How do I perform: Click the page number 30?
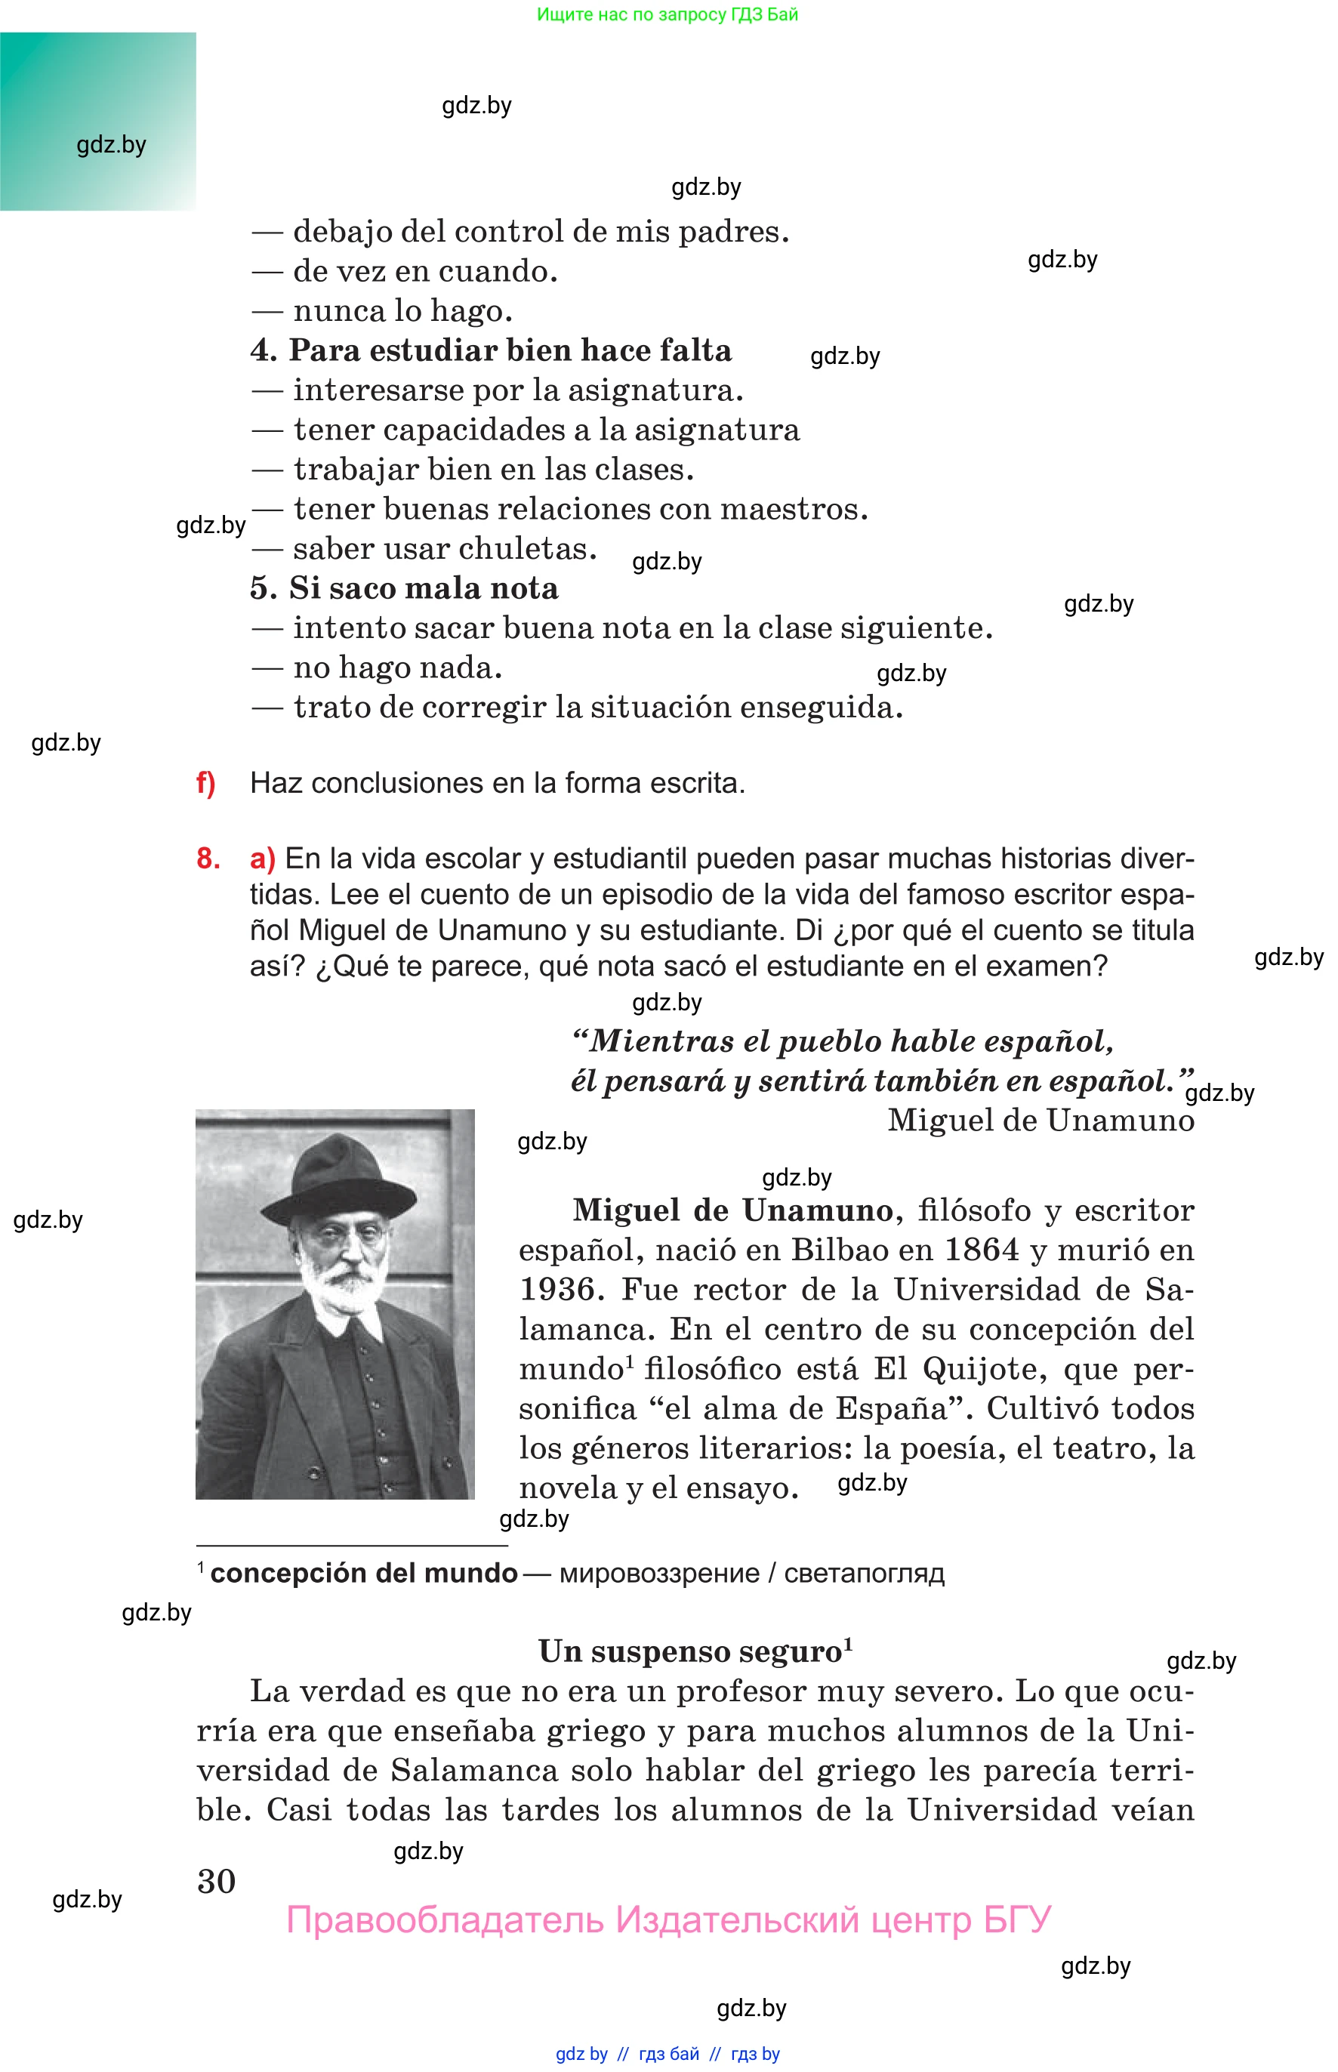pyautogui.click(x=217, y=1881)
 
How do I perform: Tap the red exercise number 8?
pyautogui.click(x=208, y=859)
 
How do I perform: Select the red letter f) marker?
pyautogui.click(x=205, y=783)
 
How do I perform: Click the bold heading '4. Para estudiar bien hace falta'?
pyautogui.click(x=491, y=350)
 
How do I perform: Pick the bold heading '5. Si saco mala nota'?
pyautogui.click(x=404, y=588)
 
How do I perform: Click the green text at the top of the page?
pyautogui.click(x=667, y=14)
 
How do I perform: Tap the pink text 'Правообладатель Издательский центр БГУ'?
pyautogui.click(x=668, y=1919)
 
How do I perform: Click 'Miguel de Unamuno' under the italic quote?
pyautogui.click(x=1040, y=1120)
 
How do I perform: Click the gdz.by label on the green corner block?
pyautogui.click(x=111, y=144)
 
